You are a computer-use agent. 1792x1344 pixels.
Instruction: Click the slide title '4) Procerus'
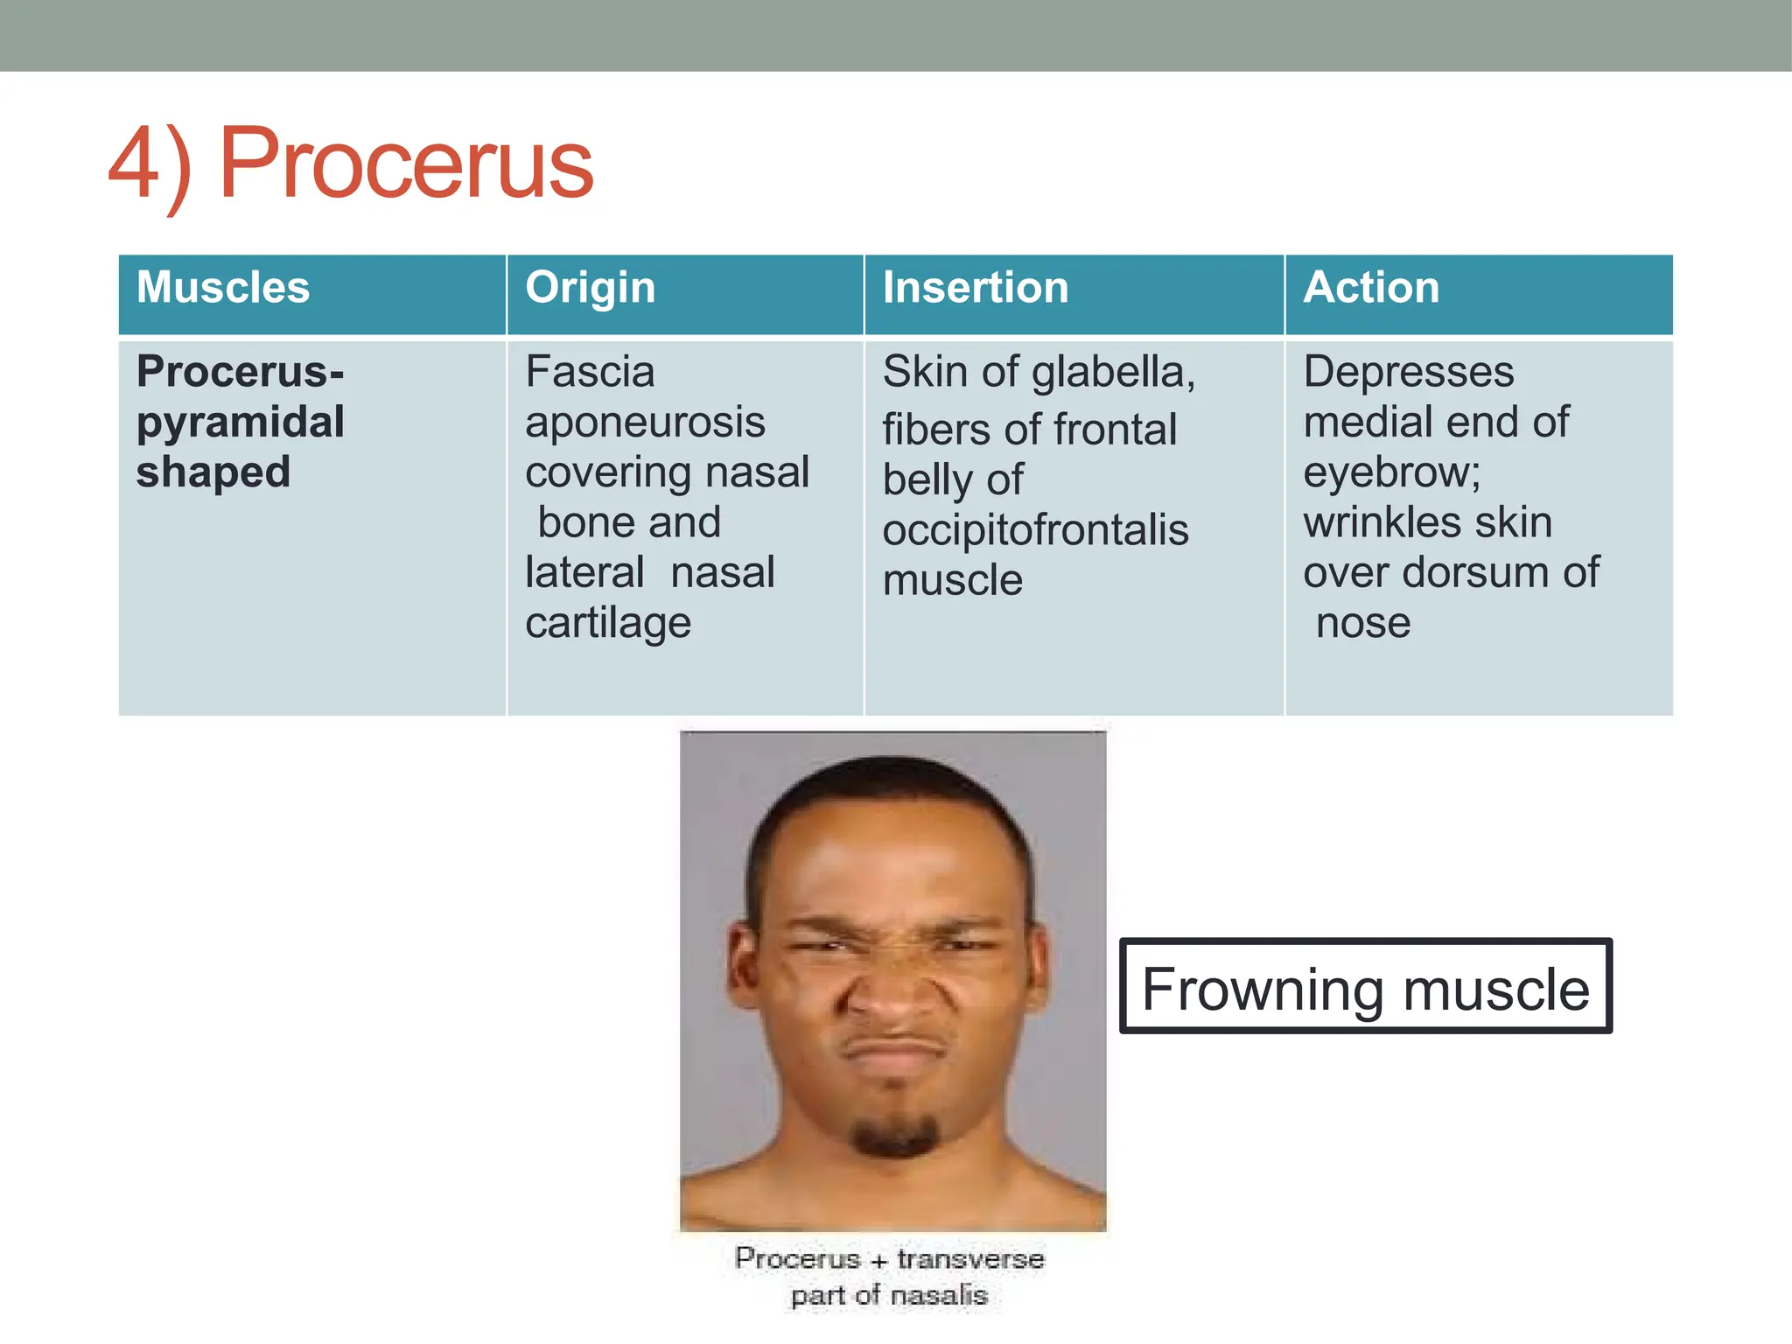[350, 164]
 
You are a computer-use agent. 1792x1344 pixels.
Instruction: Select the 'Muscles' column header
[223, 288]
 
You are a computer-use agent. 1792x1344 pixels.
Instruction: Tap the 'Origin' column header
[590, 288]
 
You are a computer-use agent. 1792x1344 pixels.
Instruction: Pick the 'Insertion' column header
[975, 288]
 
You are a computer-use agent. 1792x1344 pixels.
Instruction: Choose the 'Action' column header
[1370, 288]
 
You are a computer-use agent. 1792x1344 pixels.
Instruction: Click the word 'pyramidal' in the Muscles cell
[240, 422]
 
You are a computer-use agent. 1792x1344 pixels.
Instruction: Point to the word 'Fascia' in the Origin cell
[589, 372]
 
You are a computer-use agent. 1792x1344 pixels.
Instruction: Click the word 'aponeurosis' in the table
[645, 423]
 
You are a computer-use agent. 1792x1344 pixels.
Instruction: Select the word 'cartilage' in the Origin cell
[607, 623]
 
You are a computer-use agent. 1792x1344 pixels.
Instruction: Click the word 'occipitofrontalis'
[1035, 530]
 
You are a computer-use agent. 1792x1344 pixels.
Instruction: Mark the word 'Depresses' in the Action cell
[1408, 372]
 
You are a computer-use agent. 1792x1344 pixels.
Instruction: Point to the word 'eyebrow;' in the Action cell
[1391, 472]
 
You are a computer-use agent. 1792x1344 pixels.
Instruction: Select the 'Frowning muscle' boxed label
[1365, 988]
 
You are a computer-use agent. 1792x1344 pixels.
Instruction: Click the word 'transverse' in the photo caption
[970, 1259]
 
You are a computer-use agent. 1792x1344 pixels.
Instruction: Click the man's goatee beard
[894, 1135]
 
